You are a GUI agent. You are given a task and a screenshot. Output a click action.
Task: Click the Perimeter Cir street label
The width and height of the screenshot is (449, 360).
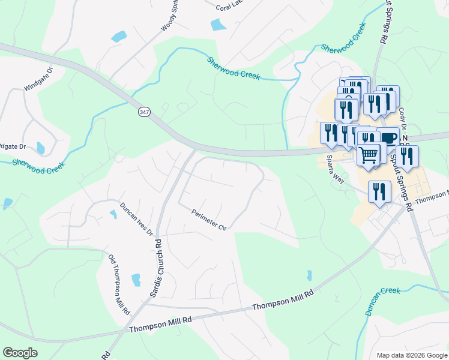click(x=209, y=220)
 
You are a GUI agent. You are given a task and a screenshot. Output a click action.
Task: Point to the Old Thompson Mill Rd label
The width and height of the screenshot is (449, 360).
click(x=119, y=286)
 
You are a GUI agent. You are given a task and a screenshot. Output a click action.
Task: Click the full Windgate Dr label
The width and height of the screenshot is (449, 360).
click(x=38, y=79)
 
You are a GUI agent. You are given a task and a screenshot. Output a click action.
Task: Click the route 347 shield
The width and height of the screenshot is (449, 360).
click(x=144, y=112)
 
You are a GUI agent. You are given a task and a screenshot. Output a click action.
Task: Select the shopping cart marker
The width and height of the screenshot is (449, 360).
click(x=368, y=155)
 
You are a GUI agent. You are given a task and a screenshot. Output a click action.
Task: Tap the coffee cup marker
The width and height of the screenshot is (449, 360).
click(x=387, y=137)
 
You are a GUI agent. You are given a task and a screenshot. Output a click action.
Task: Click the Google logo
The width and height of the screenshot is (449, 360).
click(x=20, y=353)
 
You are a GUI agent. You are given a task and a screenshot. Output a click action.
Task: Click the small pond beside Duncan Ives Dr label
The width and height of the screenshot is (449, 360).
click(x=113, y=214)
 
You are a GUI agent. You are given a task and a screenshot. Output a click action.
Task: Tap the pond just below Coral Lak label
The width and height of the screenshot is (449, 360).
click(x=218, y=25)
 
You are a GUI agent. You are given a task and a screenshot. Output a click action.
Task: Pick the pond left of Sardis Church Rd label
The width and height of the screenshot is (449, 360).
click(x=136, y=279)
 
